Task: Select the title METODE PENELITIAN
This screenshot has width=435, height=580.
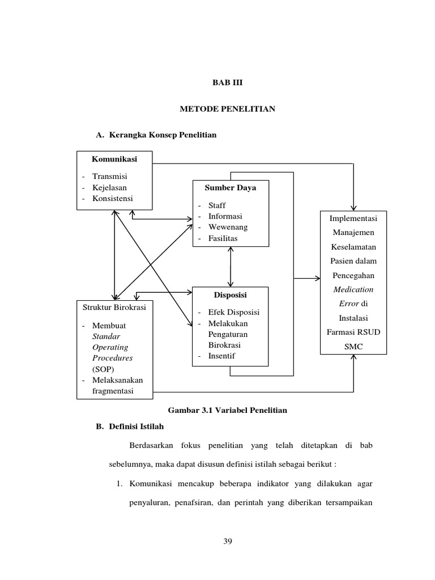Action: [x=227, y=109]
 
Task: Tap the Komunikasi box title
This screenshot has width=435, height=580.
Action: [x=114, y=159]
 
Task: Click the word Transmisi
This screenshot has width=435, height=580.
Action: [x=111, y=176]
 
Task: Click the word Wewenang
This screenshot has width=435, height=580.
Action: [x=228, y=227]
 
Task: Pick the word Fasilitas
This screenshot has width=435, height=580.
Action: [x=223, y=238]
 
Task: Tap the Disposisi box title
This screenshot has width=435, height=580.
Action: [x=230, y=295]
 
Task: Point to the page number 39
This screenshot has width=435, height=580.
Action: [x=228, y=541]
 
